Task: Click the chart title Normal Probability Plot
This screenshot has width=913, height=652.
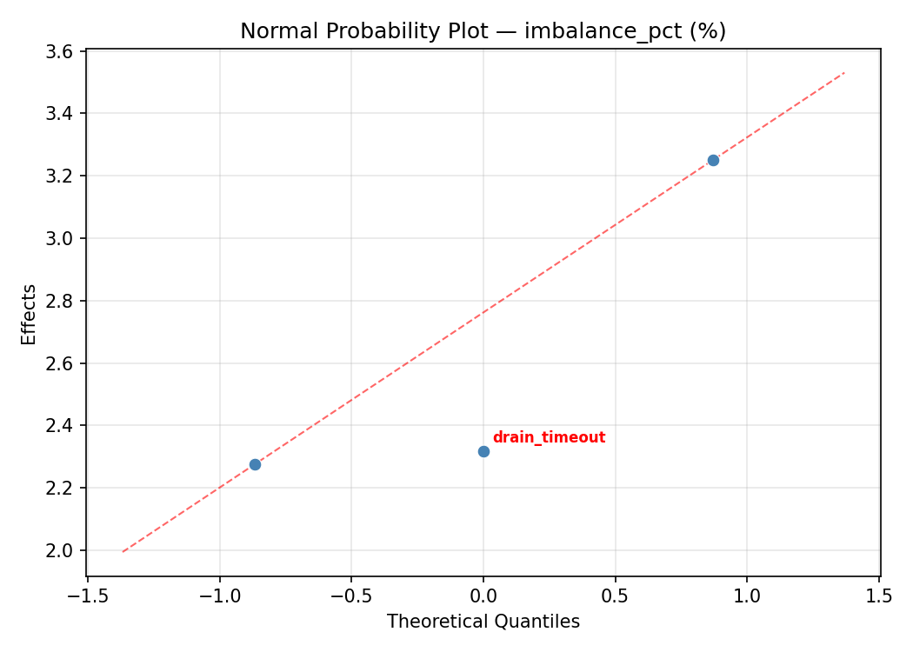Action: [483, 31]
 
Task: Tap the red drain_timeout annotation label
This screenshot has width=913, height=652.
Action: [549, 438]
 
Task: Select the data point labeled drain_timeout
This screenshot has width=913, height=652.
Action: [483, 451]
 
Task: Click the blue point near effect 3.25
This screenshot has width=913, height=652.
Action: [713, 160]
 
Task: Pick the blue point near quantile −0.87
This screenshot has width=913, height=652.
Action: [255, 464]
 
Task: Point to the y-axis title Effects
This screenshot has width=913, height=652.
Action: [30, 314]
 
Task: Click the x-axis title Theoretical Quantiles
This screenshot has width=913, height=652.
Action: [483, 622]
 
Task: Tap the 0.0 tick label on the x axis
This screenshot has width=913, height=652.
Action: [483, 596]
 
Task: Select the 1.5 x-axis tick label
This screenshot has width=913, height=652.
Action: [879, 596]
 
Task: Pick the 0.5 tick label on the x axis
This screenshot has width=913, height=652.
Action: [616, 596]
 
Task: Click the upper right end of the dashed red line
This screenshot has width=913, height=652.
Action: [844, 72]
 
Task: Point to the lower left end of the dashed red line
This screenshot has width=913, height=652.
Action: [123, 552]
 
